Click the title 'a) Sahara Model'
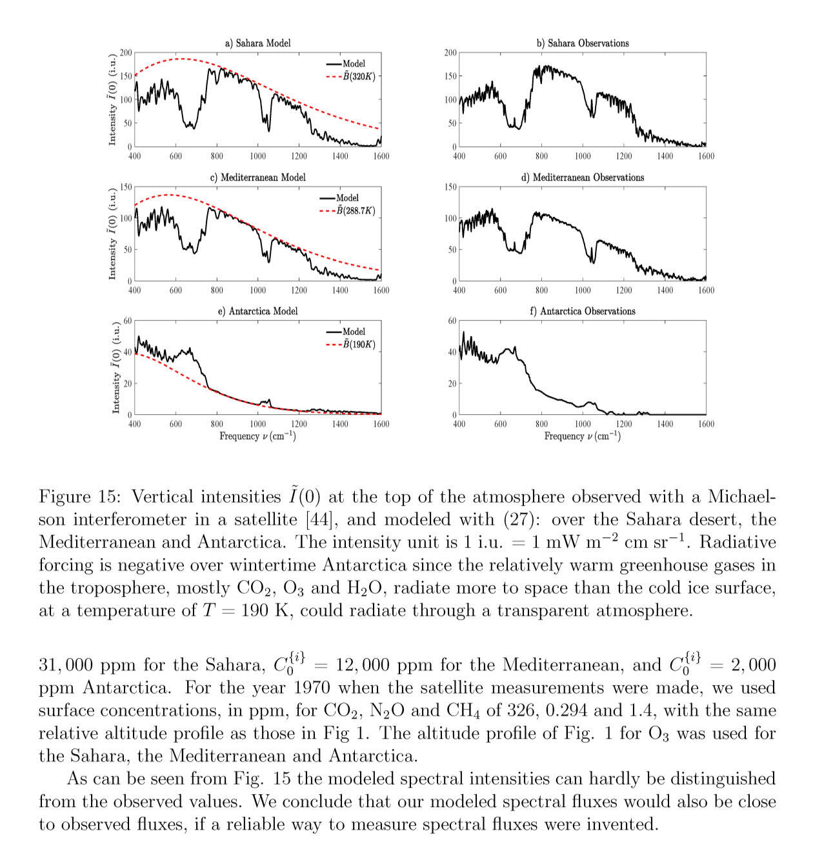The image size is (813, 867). tap(257, 43)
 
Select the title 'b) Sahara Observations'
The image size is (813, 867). tap(582, 43)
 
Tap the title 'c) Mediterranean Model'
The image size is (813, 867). tap(257, 177)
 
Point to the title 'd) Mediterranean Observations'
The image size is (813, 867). tap(582, 177)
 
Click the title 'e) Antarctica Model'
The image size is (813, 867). tap(257, 311)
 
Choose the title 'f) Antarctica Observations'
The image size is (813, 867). tap(582, 311)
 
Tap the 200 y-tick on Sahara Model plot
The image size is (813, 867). tap(126, 53)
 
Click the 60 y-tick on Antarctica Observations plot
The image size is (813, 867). tap(452, 321)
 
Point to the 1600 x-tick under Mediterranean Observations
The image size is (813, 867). tap(706, 290)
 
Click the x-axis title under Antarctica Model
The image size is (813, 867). tap(257, 437)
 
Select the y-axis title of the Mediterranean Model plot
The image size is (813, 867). tap(112, 234)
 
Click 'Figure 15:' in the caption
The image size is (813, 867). tap(81, 497)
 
